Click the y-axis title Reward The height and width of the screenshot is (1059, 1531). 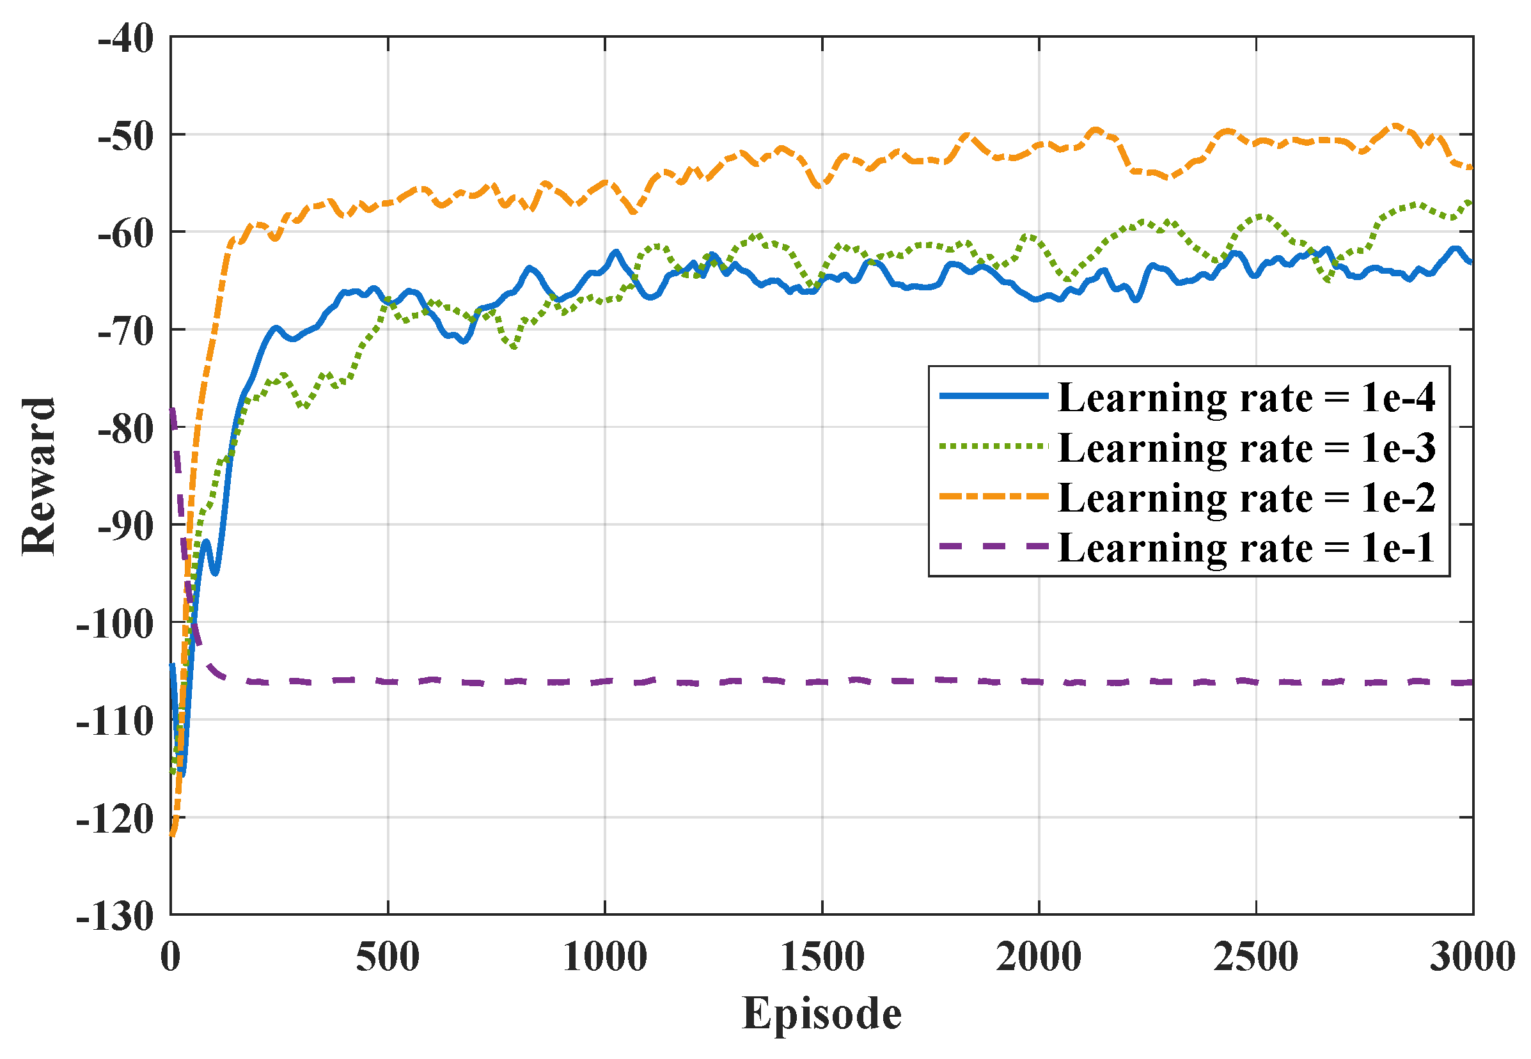point(38,476)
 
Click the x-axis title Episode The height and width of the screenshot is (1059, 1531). point(821,1013)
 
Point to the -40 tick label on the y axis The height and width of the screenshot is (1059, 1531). point(125,38)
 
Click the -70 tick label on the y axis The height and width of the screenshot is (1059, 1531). point(125,331)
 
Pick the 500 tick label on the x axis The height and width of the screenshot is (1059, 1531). point(388,957)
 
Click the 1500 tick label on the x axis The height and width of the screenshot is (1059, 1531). point(822,957)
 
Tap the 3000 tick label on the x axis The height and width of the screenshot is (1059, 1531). point(1472,957)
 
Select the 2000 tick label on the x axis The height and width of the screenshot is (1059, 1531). point(1038,957)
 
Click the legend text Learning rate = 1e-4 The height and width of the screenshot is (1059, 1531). point(1246,398)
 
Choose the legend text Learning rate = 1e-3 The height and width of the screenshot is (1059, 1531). point(1246,448)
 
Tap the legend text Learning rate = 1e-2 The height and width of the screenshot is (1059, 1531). point(1246,498)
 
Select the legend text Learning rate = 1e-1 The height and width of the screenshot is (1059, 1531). point(1246,548)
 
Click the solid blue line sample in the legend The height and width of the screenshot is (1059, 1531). point(993,395)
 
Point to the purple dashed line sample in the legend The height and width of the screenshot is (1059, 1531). point(993,546)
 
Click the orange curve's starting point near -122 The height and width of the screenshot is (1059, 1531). point(172,834)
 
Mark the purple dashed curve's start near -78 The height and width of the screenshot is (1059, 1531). point(172,410)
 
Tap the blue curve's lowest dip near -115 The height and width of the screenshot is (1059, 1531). point(182,773)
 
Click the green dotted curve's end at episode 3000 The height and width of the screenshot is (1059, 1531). point(1471,201)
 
